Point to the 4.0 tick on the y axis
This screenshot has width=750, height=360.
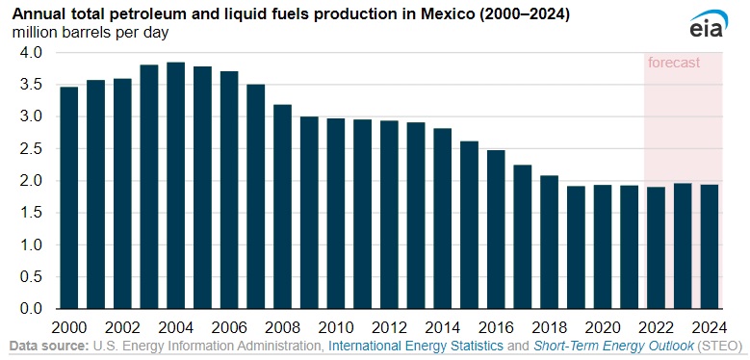point(31,53)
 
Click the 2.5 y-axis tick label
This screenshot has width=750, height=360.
point(31,149)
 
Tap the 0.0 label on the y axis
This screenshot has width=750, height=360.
point(31,309)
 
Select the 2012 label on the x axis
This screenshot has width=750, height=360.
point(389,326)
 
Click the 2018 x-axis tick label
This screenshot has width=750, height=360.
point(549,326)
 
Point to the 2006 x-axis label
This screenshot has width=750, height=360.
point(229,326)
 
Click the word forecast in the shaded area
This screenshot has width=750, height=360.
point(673,63)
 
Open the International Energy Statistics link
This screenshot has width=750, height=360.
point(415,346)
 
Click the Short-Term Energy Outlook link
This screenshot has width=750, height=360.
point(616,346)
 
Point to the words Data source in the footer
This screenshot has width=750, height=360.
point(47,346)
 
